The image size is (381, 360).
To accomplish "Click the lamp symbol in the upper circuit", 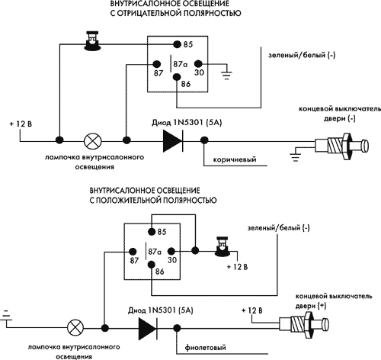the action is click(x=93, y=141).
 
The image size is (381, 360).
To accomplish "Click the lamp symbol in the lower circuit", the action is click(x=75, y=328).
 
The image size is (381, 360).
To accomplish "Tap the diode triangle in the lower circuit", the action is click(x=147, y=328).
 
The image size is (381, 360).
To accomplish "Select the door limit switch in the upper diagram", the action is click(x=341, y=146).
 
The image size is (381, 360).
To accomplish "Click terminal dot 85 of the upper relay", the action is click(x=177, y=44).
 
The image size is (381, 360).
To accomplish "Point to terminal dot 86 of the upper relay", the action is click(x=177, y=76).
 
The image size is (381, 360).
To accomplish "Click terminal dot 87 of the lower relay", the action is click(x=133, y=252).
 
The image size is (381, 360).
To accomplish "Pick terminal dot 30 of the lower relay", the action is click(x=171, y=252).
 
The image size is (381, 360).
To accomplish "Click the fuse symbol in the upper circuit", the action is click(x=92, y=40).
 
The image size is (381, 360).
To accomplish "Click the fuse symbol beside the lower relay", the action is click(x=223, y=246).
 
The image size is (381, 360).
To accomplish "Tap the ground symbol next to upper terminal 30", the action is click(x=226, y=75).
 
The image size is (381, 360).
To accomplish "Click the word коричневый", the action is click(x=235, y=159).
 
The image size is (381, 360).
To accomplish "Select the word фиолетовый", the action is click(x=205, y=347).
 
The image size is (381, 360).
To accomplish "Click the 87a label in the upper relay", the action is click(x=181, y=64).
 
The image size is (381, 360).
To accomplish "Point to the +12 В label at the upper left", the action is click(x=21, y=124).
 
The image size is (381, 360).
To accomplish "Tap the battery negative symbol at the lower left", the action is click(x=7, y=317).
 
